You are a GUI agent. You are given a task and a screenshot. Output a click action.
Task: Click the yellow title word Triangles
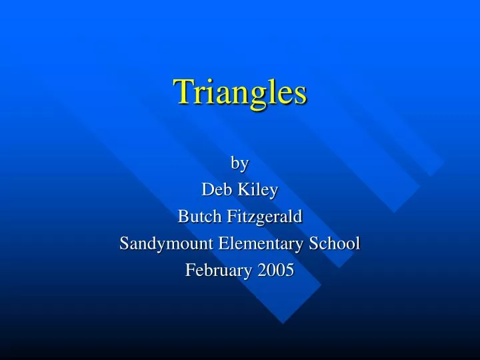point(240,93)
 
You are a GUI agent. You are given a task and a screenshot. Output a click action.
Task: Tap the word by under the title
point(239,163)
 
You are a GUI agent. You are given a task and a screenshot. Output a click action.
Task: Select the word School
point(336,243)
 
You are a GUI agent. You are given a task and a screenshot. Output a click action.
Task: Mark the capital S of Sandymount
point(124,243)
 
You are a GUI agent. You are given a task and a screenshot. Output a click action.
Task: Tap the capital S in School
point(317,243)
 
